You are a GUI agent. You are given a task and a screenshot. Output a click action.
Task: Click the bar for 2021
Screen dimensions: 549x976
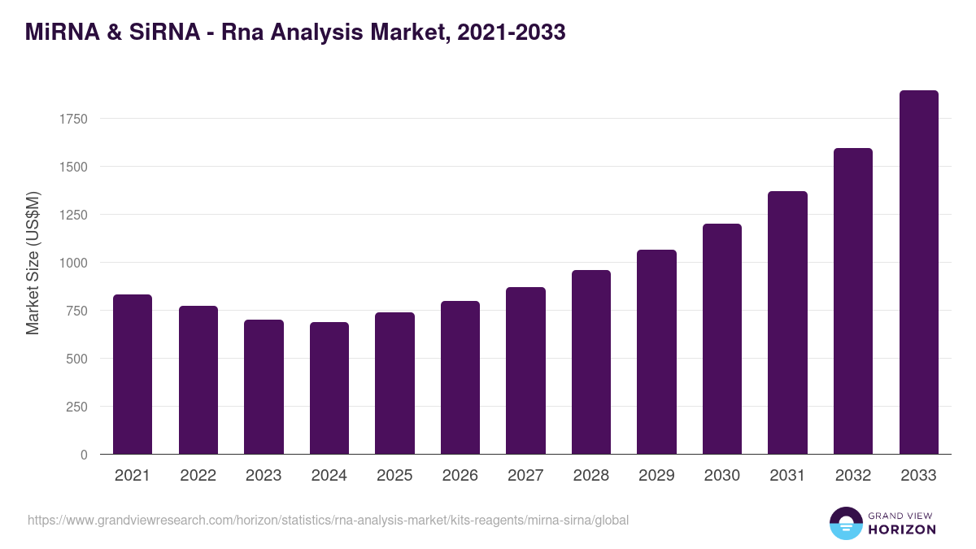133,374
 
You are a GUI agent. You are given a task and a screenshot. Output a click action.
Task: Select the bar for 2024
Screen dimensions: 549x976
329,388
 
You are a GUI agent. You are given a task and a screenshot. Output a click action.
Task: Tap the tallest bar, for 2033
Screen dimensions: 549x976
919,272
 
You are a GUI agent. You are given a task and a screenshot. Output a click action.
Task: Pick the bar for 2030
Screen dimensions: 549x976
722,339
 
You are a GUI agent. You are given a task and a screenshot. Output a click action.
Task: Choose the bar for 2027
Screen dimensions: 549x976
525,371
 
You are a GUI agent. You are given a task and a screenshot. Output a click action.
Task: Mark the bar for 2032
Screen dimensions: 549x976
853,301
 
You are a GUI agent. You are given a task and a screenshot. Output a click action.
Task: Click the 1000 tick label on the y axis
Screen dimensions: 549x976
72,263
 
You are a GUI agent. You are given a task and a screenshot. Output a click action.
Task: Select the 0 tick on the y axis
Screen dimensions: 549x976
84,455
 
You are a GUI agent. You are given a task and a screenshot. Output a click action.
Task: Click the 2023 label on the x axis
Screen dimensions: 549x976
264,476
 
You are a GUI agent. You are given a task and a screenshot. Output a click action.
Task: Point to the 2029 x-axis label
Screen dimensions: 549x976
656,476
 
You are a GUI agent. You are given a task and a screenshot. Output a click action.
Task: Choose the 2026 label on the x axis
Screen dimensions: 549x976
460,476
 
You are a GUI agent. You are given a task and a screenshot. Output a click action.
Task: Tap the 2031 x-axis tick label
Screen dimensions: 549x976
787,476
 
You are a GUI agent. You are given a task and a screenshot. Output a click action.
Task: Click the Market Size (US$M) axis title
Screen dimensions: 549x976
33,262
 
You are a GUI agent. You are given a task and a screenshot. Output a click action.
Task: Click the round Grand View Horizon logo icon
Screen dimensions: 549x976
846,523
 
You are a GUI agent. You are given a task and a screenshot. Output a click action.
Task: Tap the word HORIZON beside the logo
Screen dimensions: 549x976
902,529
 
